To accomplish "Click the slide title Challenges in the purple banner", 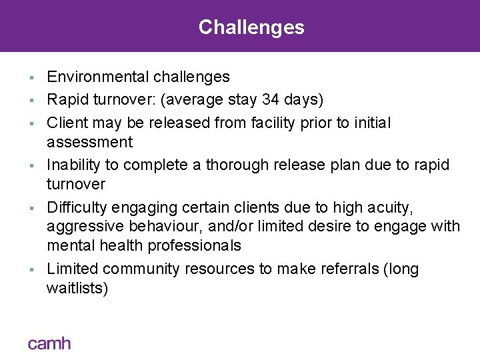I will tap(251, 27).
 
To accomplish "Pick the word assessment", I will tap(89, 142).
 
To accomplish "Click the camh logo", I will tap(49, 343).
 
